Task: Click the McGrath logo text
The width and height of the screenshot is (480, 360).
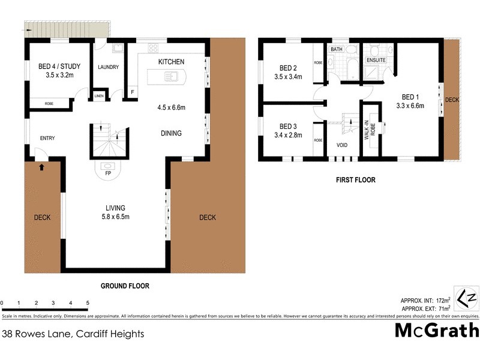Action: [437, 331]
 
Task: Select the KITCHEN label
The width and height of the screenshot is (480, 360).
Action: [171, 62]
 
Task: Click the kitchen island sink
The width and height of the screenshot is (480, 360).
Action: [170, 76]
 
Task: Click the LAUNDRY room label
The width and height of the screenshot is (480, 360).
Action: [108, 68]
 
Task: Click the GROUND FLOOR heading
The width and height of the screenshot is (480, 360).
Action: [125, 286]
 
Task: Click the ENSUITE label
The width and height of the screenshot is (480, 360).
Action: [376, 60]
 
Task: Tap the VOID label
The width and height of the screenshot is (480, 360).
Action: [342, 145]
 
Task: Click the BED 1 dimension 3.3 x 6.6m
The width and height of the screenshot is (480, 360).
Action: [410, 106]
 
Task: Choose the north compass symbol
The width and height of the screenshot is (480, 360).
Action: [466, 299]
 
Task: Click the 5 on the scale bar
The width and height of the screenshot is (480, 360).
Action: [88, 303]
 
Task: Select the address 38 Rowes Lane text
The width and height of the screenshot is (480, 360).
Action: [73, 333]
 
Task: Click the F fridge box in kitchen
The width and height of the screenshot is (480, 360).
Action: [133, 92]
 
